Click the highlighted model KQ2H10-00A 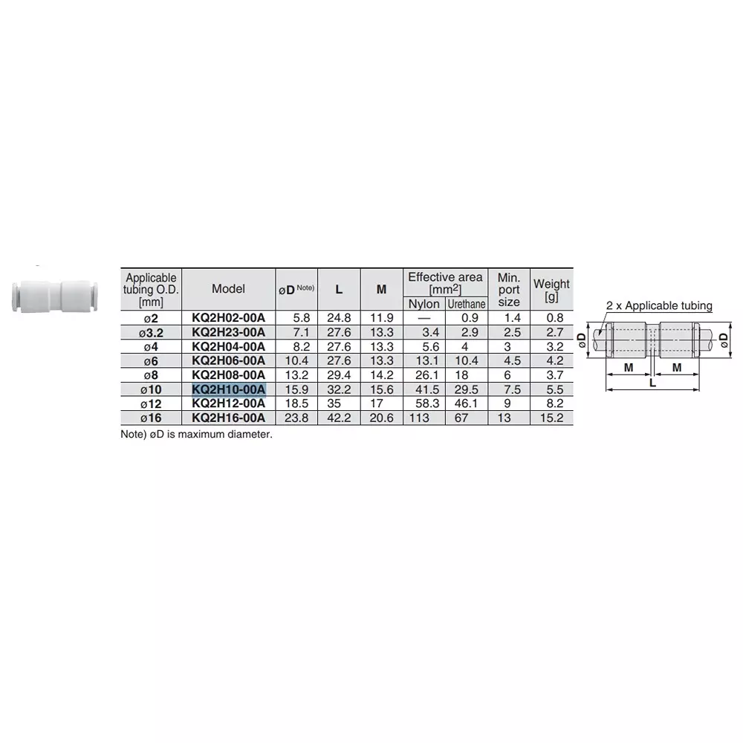click(x=228, y=389)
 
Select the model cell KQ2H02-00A click(x=228, y=318)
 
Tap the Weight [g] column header click(x=551, y=290)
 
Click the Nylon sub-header click(x=424, y=304)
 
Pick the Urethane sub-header click(x=466, y=304)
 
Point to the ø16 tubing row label click(x=151, y=418)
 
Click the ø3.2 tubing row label click(x=151, y=332)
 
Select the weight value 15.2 click(x=551, y=418)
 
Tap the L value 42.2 click(x=339, y=418)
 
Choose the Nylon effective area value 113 click(x=424, y=418)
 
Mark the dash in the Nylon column click(x=424, y=318)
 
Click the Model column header click(x=228, y=289)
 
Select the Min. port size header click(x=509, y=290)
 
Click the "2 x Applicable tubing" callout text click(x=659, y=305)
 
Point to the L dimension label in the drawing click(x=652, y=381)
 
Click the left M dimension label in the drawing click(x=628, y=368)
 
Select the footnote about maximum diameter click(x=197, y=434)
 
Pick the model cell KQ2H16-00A click(x=228, y=418)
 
